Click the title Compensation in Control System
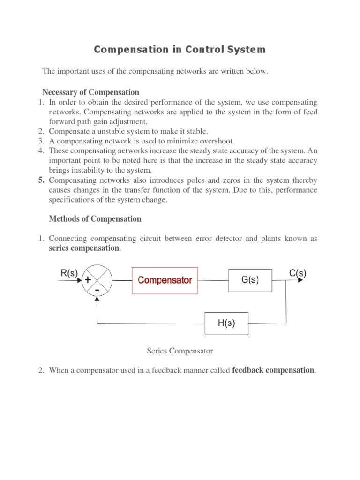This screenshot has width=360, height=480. point(180,49)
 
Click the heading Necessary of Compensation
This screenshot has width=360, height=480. point(90,92)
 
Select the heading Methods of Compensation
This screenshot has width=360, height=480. point(95,219)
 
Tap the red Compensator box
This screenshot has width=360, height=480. point(165,280)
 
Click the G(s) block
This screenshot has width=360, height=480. point(250,280)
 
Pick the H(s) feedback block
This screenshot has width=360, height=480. point(226,323)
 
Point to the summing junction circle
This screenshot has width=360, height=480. point(97,281)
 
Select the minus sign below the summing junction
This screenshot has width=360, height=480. point(97,291)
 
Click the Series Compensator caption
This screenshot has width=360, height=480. point(180,351)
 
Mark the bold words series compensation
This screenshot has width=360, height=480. point(84,248)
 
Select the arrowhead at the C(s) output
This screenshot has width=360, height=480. point(299,281)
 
